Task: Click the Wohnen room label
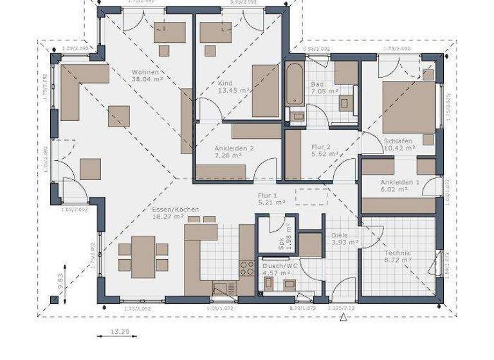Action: point(145,72)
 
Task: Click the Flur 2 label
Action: point(325,146)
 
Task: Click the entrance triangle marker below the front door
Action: point(344,316)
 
